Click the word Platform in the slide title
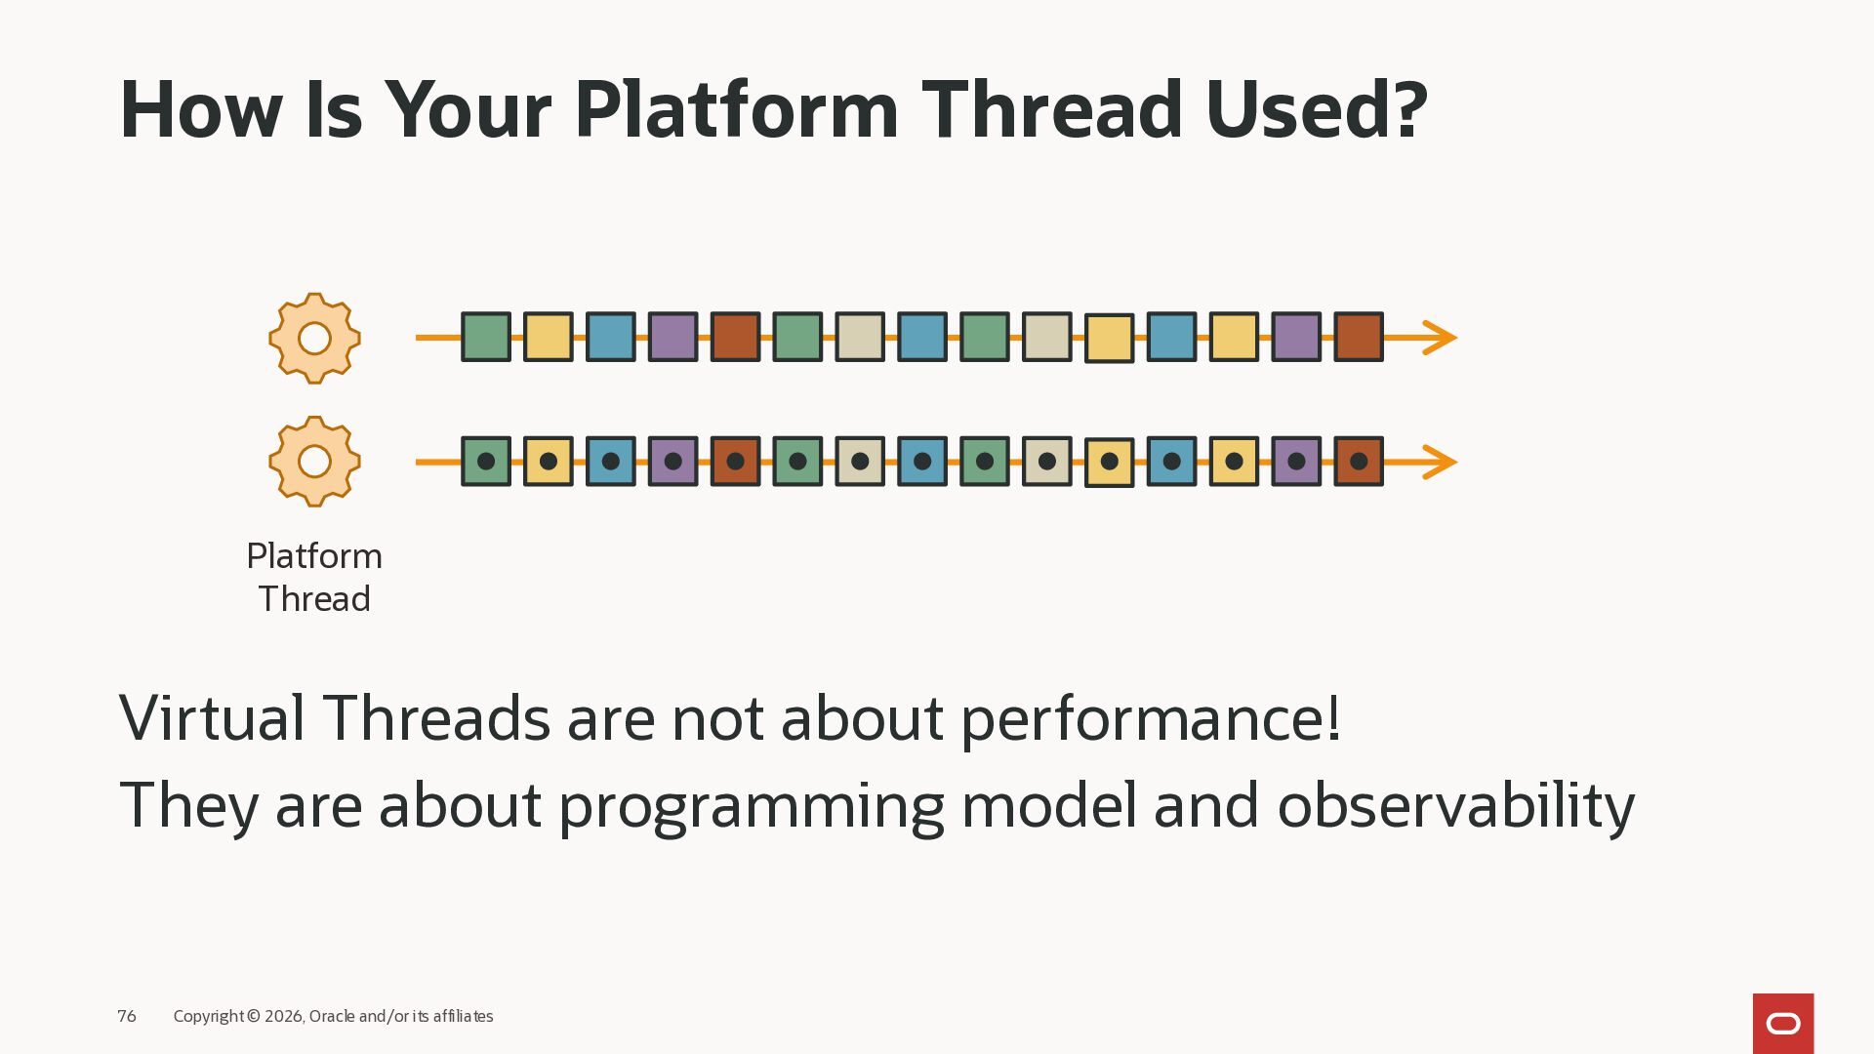pyautogui.click(x=736, y=109)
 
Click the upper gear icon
pyautogui.click(x=314, y=338)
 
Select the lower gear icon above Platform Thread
pyautogui.click(x=314, y=462)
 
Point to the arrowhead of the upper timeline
pyautogui.click(x=1440, y=338)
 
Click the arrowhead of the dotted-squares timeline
pyautogui.click(x=1440, y=462)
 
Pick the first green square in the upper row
pyautogui.click(x=486, y=338)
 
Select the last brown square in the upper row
pyautogui.click(x=1359, y=338)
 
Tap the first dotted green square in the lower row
pyautogui.click(x=486, y=462)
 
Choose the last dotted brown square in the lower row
pyautogui.click(x=1359, y=462)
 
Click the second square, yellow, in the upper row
pyautogui.click(x=549, y=338)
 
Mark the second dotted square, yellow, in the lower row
pyautogui.click(x=549, y=462)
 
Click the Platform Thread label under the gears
pyautogui.click(x=314, y=577)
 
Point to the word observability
pyautogui.click(x=1456, y=806)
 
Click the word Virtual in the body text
pyautogui.click(x=213, y=718)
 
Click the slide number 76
pyautogui.click(x=127, y=1016)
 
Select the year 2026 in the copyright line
pyautogui.click(x=284, y=1016)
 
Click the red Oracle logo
pyautogui.click(x=1783, y=1024)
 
